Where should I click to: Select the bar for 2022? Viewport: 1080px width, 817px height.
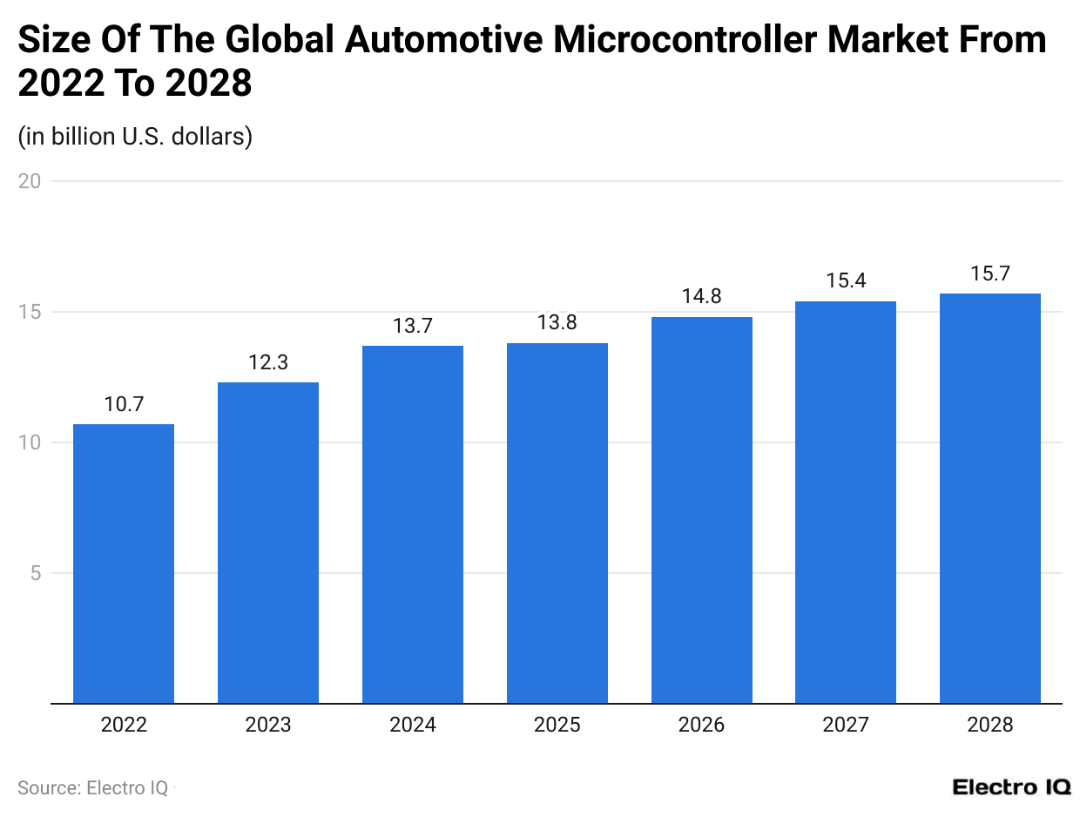click(124, 564)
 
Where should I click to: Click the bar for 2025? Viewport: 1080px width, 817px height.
click(557, 523)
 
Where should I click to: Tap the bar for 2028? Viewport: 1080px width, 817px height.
click(990, 498)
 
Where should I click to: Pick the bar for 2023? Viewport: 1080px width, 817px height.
click(268, 543)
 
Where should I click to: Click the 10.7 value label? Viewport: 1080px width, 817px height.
click(124, 404)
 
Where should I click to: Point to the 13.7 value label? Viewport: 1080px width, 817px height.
click(413, 326)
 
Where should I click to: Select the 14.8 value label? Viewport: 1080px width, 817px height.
click(702, 297)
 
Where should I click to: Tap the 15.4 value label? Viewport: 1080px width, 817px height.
click(846, 281)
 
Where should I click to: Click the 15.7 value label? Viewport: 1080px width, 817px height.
click(990, 273)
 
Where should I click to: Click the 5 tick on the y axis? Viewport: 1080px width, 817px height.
click(35, 573)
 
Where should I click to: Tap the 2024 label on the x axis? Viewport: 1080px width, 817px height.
click(413, 725)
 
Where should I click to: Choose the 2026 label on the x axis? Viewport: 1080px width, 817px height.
click(702, 725)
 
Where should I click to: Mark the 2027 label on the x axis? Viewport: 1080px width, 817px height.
click(846, 725)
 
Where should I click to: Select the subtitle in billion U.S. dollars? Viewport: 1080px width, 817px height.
click(135, 137)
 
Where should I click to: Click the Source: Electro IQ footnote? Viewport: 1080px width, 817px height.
click(93, 787)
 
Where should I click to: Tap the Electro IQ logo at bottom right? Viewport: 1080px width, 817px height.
click(1011, 787)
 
